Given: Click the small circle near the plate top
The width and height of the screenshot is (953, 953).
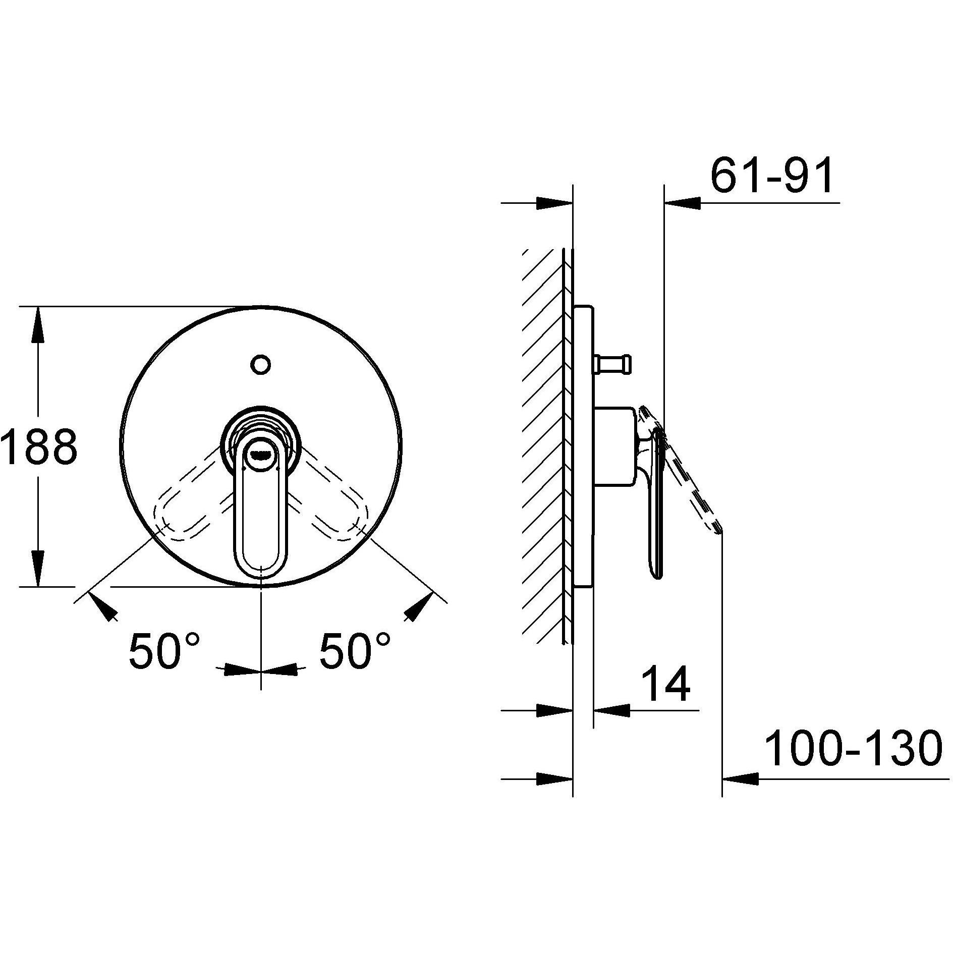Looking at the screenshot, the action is click(261, 364).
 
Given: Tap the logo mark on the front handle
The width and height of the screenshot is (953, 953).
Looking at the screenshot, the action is click(260, 454).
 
